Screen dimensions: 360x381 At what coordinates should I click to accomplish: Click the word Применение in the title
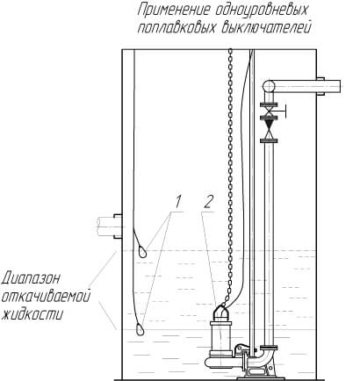[x=174, y=11]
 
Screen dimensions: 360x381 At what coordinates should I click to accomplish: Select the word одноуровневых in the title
[x=262, y=11]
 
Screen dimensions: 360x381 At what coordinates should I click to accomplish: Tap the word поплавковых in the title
[x=177, y=28]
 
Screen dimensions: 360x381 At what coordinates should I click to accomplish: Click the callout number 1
[x=178, y=201]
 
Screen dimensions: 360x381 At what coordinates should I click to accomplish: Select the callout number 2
[x=209, y=202]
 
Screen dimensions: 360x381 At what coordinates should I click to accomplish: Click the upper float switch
[x=141, y=251]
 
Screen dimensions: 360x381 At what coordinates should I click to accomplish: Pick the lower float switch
[x=140, y=328]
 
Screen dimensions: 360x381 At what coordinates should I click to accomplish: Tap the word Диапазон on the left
[x=31, y=278]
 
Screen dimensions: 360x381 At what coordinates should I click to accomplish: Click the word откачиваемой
[x=46, y=297]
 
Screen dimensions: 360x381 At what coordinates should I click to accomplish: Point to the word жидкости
[x=32, y=314]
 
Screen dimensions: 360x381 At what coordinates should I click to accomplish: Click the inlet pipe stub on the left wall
[x=109, y=226]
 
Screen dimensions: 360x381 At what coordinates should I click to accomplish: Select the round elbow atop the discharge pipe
[x=269, y=86]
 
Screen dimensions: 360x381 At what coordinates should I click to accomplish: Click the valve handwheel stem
[x=281, y=111]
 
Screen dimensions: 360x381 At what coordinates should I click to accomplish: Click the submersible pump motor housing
[x=220, y=336]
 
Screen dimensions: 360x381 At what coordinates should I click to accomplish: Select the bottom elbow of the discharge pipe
[x=263, y=359]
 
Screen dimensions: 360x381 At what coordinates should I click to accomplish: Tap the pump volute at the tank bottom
[x=221, y=363]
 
